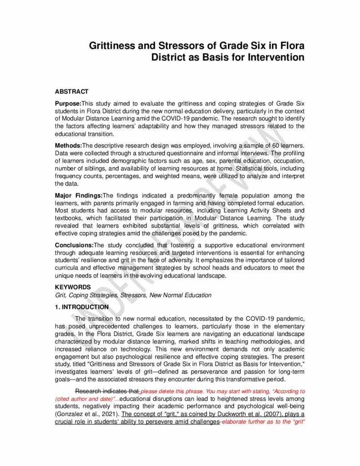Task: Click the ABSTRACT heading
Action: [71, 91]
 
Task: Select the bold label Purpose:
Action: [68, 104]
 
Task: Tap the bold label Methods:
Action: [68, 145]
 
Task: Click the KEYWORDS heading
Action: [72, 287]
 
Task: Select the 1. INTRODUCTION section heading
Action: [81, 307]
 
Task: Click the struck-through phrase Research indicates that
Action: [107, 391]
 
